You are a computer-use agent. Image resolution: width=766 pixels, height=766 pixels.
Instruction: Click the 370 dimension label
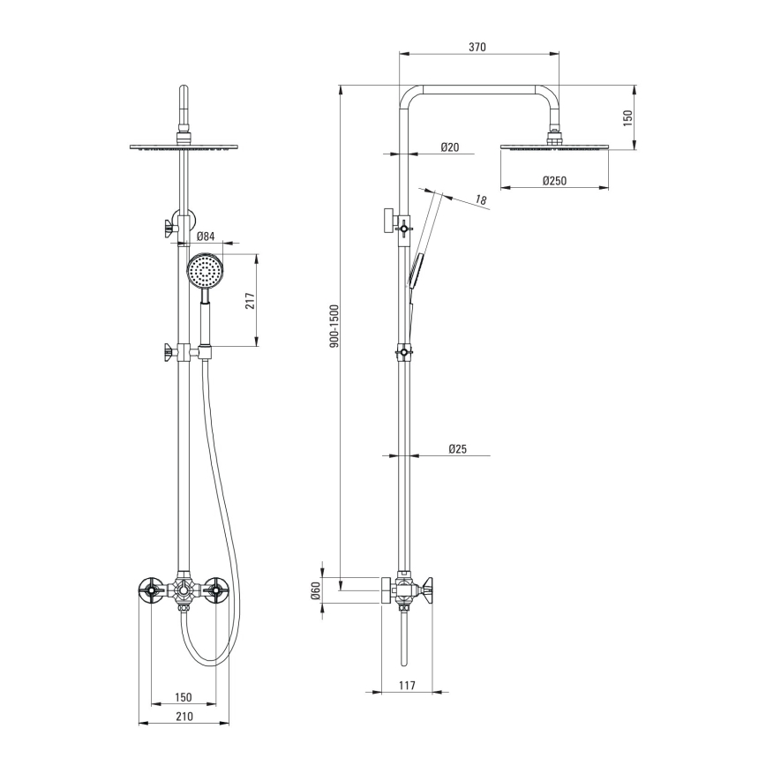coord(477,46)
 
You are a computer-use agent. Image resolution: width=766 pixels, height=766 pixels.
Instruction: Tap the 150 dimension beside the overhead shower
coord(627,118)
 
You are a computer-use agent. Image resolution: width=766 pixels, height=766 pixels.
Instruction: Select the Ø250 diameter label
coord(554,181)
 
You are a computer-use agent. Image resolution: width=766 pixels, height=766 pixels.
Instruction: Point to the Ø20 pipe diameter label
coord(449,147)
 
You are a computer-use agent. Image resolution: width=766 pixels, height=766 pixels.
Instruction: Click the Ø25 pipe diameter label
coord(456,449)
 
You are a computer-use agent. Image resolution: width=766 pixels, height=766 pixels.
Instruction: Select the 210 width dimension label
coord(184,717)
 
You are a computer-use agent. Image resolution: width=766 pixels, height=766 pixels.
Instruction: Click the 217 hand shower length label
coord(249,300)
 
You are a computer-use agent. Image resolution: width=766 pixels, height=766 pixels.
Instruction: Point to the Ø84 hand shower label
coord(206,236)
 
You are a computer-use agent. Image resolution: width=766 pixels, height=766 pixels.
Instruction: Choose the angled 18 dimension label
coord(480,201)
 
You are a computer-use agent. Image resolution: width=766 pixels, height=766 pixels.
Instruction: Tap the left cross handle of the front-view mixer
coord(150,592)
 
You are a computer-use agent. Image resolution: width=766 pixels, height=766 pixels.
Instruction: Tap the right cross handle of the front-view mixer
coord(216,592)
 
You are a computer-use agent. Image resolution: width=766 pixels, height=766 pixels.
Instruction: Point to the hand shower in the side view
coord(417,270)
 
